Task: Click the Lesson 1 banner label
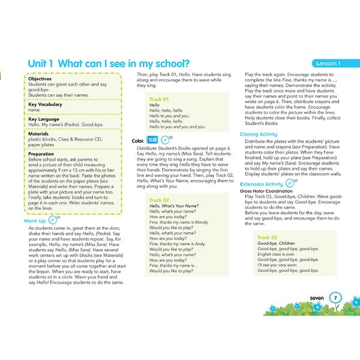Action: [328, 64]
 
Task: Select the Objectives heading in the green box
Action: [40, 79]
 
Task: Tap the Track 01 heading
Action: [159, 98]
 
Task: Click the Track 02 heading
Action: [159, 200]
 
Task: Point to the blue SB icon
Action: [151, 140]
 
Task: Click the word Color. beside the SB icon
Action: [137, 141]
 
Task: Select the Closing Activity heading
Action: [259, 134]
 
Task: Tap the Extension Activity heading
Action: [261, 184]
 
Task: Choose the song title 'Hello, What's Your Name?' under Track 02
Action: [175, 206]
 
